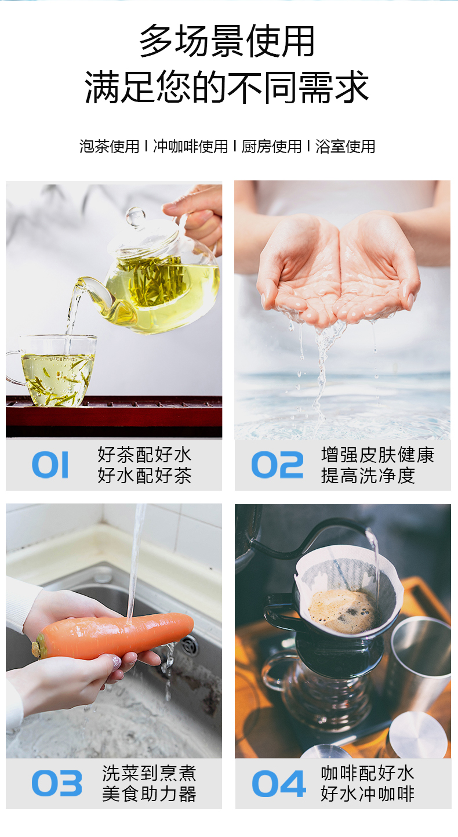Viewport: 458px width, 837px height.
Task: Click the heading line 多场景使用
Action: point(227,41)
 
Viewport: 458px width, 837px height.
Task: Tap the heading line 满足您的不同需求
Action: point(227,86)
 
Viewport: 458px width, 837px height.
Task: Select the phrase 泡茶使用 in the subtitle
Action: point(110,146)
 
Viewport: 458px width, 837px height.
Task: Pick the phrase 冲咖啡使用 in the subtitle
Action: point(191,146)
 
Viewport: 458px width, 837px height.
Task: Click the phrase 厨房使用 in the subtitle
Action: point(271,146)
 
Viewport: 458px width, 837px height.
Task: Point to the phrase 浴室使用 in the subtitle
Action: point(345,146)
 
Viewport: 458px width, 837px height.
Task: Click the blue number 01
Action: point(50,465)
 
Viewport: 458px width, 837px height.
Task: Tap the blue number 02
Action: point(277,465)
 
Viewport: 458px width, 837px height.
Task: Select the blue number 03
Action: point(57,783)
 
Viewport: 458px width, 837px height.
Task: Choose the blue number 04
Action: point(279,783)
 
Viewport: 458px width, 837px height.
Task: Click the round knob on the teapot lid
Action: point(135,216)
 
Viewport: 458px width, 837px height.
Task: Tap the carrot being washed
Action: point(112,635)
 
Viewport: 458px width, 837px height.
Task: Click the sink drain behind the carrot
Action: point(190,643)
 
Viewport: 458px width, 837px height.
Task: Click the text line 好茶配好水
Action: point(144,455)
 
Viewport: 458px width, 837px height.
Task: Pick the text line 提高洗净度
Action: point(368,476)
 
